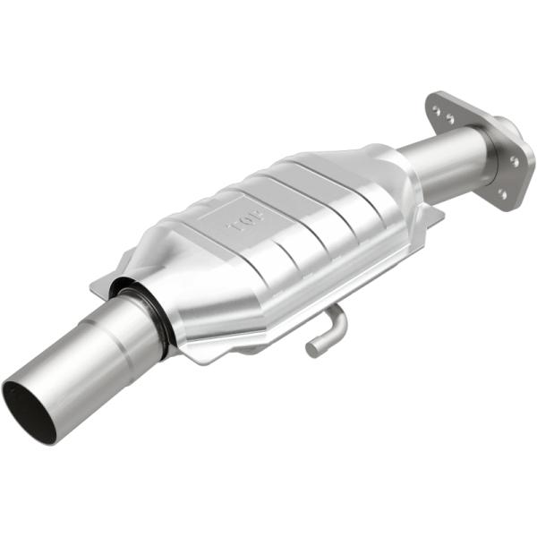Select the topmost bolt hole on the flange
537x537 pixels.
(x=436, y=110)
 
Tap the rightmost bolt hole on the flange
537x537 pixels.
(x=515, y=161)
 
